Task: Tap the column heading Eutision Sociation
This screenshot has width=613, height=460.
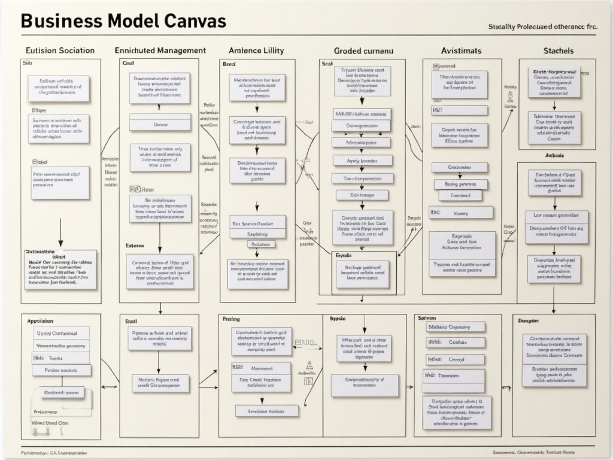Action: pos(60,51)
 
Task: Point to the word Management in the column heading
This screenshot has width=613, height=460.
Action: pos(174,51)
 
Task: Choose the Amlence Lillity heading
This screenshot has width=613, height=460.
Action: pos(256,51)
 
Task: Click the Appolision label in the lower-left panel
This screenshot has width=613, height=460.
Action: pos(40,321)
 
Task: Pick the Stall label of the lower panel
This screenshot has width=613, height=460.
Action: pos(131,322)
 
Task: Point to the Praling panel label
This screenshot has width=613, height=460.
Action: pos(231,319)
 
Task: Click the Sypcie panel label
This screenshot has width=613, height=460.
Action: pos(338,319)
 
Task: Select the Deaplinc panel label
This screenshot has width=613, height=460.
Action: pos(529,321)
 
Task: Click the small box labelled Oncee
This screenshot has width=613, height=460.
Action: pos(160,125)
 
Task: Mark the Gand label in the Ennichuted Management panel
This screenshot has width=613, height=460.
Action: pos(129,63)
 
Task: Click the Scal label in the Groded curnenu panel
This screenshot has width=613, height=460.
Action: pos(327,63)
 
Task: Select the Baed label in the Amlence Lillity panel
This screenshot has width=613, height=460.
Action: pos(229,63)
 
